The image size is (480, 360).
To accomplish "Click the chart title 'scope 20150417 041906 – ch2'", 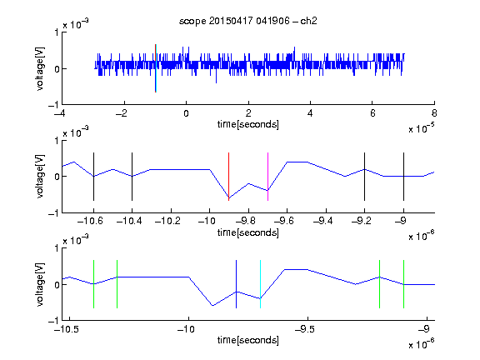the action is click(x=248, y=21).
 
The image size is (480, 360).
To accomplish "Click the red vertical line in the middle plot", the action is click(x=228, y=177).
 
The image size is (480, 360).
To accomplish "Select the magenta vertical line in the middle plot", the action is click(x=267, y=177).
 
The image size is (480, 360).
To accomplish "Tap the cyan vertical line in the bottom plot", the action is click(x=260, y=284).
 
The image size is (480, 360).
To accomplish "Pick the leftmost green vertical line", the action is click(x=93, y=284).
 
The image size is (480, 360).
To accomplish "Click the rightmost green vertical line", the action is click(x=404, y=284).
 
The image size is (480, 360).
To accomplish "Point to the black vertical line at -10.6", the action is click(x=93, y=177).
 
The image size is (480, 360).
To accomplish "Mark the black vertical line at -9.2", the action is click(x=365, y=177).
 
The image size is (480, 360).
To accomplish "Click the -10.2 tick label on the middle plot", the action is click(x=167, y=221).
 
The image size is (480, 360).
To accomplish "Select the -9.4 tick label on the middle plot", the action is click(x=323, y=221).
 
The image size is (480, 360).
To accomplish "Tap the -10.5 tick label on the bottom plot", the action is click(x=67, y=329).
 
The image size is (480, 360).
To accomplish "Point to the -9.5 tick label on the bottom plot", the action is click(x=305, y=329).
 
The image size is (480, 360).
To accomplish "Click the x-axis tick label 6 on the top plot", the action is click(x=372, y=113).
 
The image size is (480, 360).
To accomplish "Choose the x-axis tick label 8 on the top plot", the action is click(x=434, y=113).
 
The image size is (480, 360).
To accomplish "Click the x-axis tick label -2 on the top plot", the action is click(x=121, y=113).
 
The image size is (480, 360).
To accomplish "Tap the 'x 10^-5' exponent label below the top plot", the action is click(x=422, y=128).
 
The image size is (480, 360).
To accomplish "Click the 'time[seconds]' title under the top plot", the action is click(x=248, y=124).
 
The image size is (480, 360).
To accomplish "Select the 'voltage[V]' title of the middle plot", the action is click(x=40, y=177).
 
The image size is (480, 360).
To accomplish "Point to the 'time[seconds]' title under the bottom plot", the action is click(x=248, y=340).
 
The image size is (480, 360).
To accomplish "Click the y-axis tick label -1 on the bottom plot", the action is click(x=53, y=321).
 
